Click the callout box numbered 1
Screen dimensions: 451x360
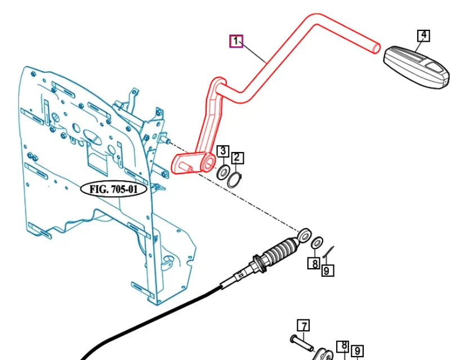(236, 41)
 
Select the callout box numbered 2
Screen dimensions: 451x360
(236, 158)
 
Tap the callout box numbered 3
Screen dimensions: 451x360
(223, 151)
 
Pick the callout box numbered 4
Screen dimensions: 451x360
(423, 35)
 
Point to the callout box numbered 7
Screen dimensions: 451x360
(303, 326)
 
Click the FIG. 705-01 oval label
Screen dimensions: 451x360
(114, 189)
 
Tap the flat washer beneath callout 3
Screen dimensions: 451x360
(223, 172)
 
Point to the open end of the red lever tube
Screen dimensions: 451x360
(376, 48)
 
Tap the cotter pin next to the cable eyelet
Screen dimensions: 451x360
(328, 252)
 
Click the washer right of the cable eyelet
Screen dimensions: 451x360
(317, 243)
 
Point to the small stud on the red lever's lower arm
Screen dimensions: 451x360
(186, 167)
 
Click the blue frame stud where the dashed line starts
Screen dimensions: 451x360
(166, 140)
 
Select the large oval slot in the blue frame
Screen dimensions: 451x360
(92, 137)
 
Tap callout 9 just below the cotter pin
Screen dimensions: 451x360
(327, 270)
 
